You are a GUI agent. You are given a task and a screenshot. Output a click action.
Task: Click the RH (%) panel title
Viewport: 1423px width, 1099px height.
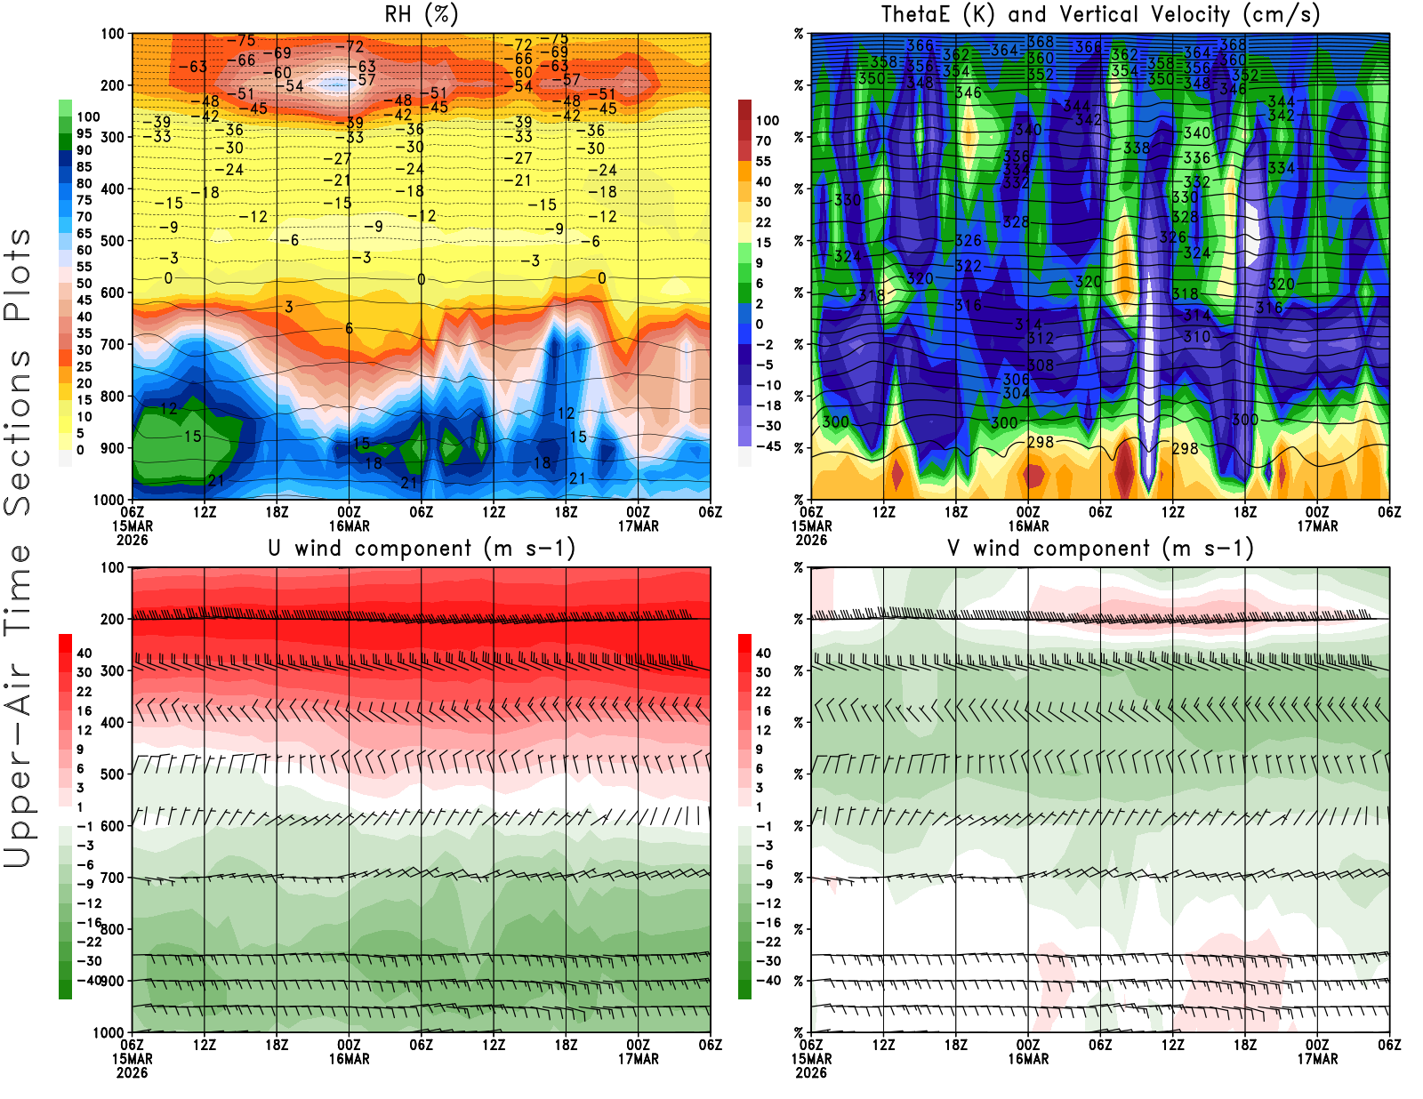click(x=422, y=15)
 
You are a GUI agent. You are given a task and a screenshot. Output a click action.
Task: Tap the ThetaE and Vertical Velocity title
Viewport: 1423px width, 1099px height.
click(x=1100, y=15)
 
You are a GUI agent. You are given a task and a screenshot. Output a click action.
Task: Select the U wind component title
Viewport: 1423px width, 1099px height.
click(x=422, y=549)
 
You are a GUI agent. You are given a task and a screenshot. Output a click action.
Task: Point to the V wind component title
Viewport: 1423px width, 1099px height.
click(x=1100, y=549)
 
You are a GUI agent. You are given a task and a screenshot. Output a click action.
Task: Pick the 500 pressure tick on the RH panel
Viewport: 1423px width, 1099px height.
click(x=113, y=241)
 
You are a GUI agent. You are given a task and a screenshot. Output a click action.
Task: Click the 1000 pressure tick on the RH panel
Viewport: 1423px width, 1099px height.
click(x=109, y=500)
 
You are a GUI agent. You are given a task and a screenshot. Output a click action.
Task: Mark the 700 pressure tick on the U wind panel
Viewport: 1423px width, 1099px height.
click(x=113, y=878)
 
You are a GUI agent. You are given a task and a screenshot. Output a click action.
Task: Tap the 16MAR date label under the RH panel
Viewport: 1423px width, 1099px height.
click(x=350, y=526)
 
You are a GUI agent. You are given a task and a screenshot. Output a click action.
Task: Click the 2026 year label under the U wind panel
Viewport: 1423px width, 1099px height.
click(x=133, y=1073)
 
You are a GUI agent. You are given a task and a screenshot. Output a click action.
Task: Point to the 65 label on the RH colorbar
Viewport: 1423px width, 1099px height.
click(x=84, y=234)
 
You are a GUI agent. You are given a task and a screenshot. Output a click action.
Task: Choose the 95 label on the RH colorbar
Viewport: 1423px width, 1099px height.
click(x=84, y=133)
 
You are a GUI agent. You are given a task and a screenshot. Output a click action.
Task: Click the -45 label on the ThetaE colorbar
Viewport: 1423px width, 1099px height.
click(x=768, y=446)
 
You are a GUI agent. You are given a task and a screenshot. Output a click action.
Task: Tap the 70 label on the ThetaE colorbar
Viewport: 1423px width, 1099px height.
click(x=763, y=140)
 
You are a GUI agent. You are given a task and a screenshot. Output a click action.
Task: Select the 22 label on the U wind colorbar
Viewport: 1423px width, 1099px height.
click(x=84, y=692)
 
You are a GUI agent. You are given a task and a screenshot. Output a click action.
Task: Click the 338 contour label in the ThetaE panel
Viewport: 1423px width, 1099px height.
click(x=1137, y=148)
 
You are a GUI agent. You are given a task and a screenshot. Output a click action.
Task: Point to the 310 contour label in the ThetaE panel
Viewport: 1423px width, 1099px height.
click(x=1197, y=337)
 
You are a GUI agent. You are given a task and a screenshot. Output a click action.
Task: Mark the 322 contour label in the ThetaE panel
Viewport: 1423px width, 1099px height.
click(x=969, y=266)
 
